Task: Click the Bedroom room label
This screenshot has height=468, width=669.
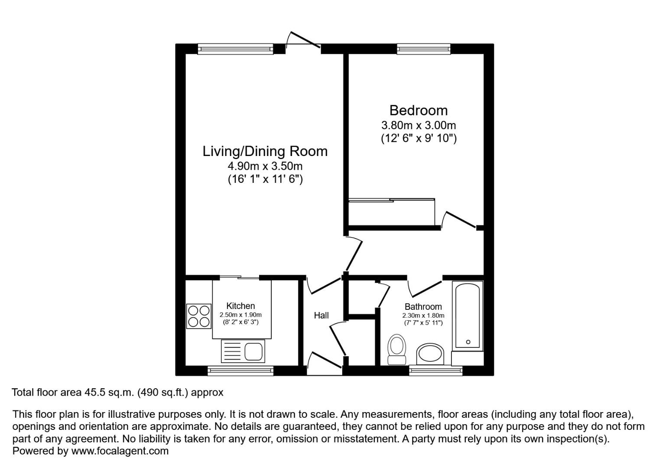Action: (419, 110)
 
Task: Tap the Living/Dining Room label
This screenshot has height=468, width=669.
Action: (265, 151)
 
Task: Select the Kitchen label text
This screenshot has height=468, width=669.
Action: (240, 306)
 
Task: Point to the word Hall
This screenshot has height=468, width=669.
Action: (322, 315)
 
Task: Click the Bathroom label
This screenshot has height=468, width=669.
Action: (423, 307)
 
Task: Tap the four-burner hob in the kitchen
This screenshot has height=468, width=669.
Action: (198, 316)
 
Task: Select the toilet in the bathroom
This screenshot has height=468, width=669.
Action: (396, 349)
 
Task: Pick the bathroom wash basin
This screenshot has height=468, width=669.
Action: (430, 354)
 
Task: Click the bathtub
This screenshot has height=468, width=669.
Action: (468, 316)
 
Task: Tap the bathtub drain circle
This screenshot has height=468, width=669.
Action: (468, 342)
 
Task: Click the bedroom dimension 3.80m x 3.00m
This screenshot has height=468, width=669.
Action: (419, 125)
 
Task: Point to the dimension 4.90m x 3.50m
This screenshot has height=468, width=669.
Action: (265, 166)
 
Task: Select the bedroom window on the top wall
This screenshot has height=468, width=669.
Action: (423, 49)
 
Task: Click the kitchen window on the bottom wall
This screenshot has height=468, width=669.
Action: (240, 370)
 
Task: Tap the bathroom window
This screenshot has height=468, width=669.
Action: (435, 370)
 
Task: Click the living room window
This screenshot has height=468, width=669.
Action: (235, 49)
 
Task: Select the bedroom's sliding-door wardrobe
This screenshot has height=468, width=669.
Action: (392, 212)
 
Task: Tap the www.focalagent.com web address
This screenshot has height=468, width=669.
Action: (120, 451)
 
